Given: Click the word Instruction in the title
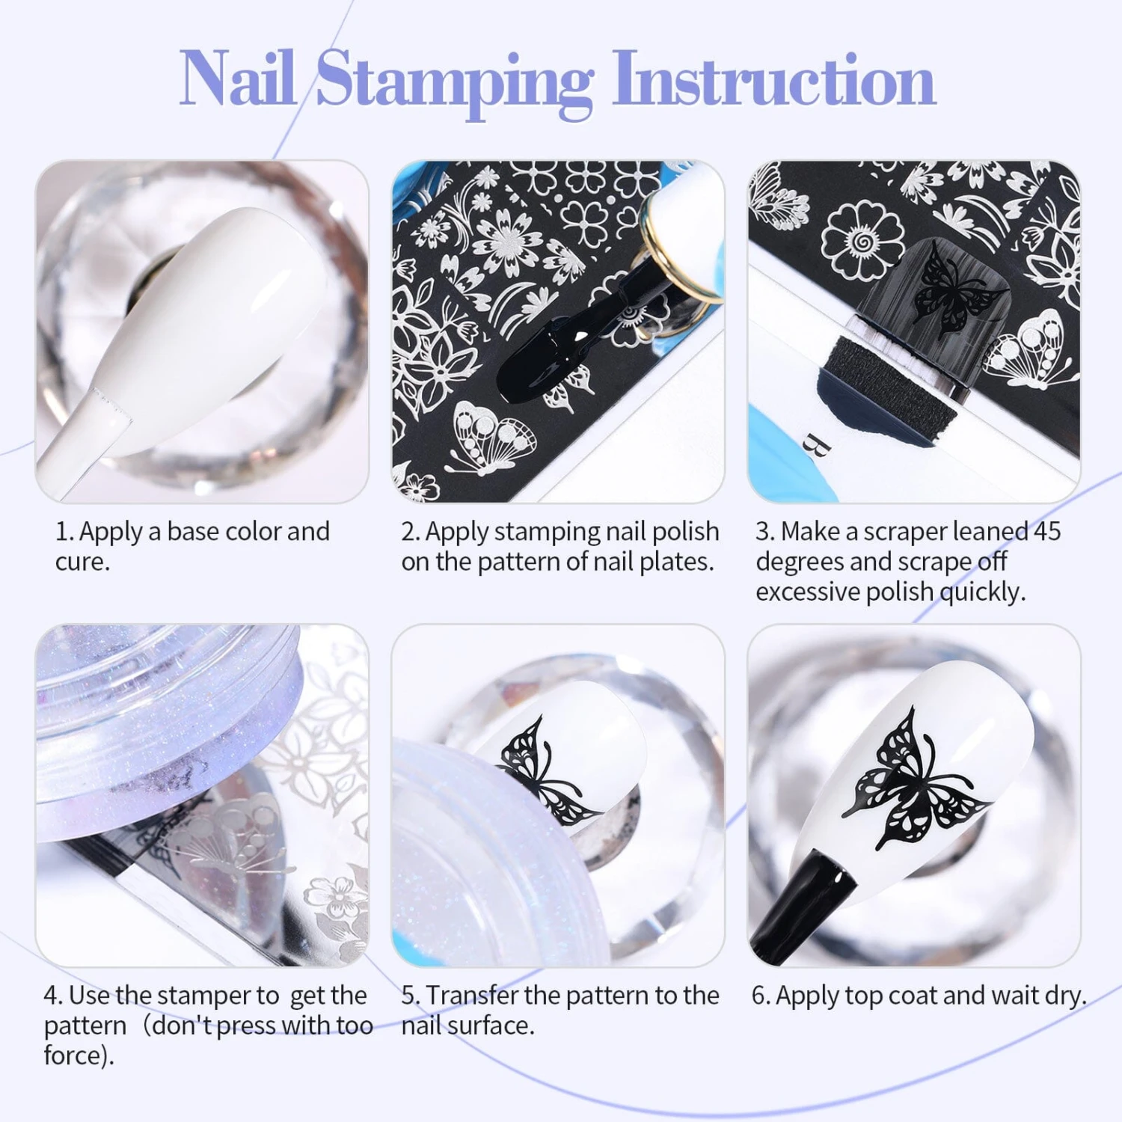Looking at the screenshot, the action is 773,79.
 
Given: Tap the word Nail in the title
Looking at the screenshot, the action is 238,78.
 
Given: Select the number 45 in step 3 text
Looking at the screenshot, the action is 1047,531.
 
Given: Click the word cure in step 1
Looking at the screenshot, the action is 81,562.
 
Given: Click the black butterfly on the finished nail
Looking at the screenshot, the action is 916,779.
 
